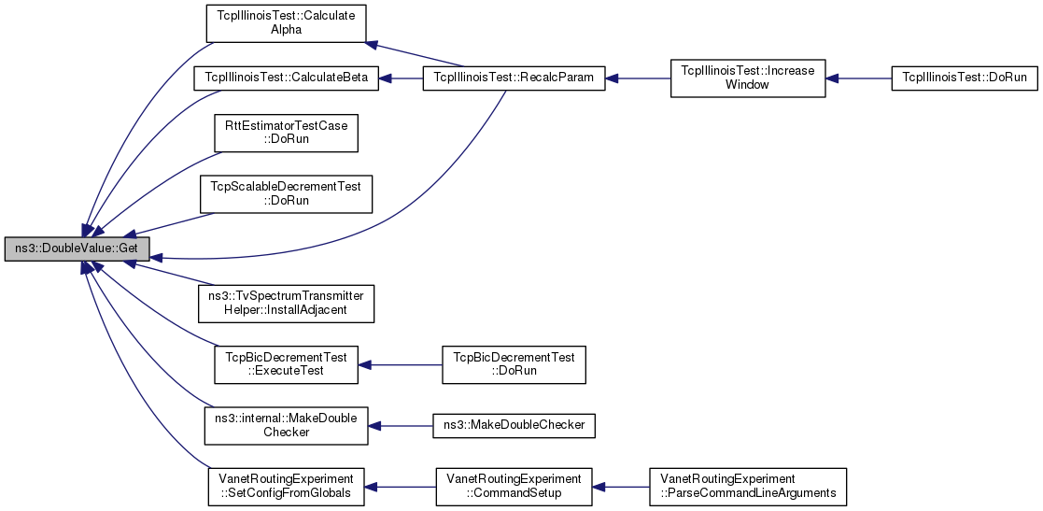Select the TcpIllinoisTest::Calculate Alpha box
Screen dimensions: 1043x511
[x=286, y=24]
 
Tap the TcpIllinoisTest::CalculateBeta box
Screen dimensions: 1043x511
[x=286, y=78]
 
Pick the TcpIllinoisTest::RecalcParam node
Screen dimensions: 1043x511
[x=514, y=78]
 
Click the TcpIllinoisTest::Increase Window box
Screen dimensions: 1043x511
[x=748, y=78]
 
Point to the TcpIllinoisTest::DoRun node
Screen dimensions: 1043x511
[x=964, y=78]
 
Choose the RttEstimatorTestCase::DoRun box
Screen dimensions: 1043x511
[x=286, y=133]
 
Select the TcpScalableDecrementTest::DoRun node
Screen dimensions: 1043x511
[x=286, y=193]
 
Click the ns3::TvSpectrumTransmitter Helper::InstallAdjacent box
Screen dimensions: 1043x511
[x=287, y=304]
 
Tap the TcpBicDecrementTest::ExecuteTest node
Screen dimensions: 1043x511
[x=286, y=364]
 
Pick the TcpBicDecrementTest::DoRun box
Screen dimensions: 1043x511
[x=514, y=364]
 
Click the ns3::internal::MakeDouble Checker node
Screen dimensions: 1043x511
[x=286, y=425]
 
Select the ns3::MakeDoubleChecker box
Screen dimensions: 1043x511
[x=514, y=425]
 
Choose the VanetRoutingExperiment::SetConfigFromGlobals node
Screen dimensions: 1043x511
[x=286, y=487]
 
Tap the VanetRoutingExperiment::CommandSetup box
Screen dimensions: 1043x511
[x=514, y=487]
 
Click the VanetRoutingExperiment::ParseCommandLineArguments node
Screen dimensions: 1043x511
[x=748, y=487]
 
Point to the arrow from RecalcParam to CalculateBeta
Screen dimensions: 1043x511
[x=401, y=78]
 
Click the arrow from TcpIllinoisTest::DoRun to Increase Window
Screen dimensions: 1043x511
[x=858, y=78]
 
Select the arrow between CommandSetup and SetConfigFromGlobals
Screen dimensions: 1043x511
[x=400, y=487]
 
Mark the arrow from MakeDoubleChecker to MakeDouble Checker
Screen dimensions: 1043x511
[x=401, y=425]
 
